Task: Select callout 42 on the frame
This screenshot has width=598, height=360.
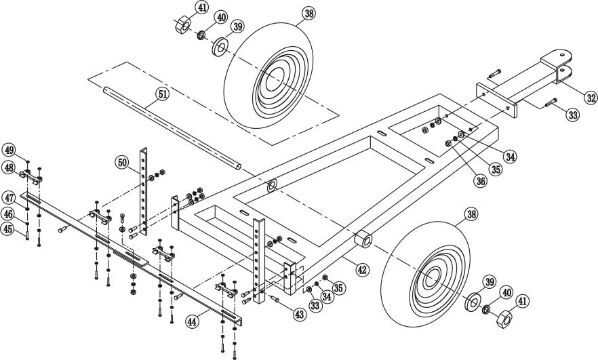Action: click(363, 270)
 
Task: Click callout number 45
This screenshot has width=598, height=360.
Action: click(9, 228)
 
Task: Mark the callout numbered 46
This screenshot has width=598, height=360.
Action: click(9, 214)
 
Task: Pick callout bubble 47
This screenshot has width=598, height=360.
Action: click(9, 198)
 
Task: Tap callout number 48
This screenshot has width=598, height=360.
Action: click(9, 166)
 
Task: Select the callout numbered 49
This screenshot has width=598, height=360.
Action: click(9, 149)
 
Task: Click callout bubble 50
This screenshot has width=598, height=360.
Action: click(122, 162)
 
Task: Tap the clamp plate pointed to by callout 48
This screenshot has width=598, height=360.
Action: click(31, 178)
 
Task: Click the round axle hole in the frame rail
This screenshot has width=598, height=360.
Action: click(272, 185)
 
